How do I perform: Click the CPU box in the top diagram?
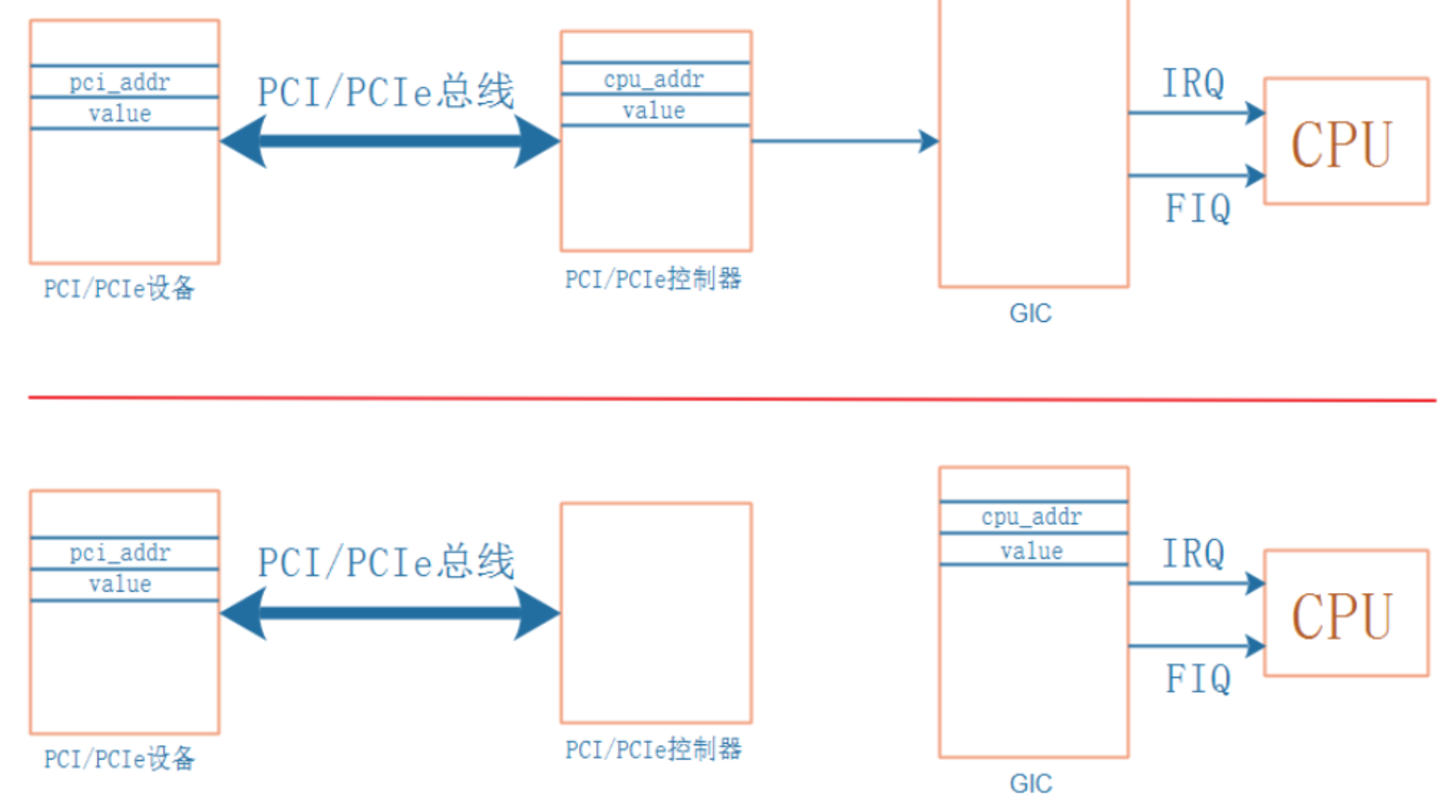click(1345, 142)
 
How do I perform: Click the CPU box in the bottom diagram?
click(1345, 613)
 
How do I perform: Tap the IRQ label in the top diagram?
click(1193, 83)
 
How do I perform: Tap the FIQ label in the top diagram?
click(1197, 208)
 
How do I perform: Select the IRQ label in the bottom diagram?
click(1193, 554)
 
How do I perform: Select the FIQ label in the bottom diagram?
click(1197, 679)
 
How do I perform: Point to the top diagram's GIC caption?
click(1030, 314)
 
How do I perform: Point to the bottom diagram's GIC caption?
click(1030, 784)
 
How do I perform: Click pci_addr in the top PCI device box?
click(120, 82)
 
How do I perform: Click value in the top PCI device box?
click(120, 114)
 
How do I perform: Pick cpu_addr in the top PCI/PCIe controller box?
click(654, 79)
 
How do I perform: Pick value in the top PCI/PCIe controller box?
click(654, 111)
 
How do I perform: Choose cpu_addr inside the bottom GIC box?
click(1032, 517)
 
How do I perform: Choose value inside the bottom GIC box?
click(1032, 551)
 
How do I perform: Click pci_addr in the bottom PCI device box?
click(120, 553)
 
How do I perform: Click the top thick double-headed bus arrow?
click(390, 141)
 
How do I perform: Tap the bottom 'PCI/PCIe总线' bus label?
click(386, 563)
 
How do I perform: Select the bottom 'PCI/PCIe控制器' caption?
click(653, 750)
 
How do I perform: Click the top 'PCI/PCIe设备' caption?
click(119, 289)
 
